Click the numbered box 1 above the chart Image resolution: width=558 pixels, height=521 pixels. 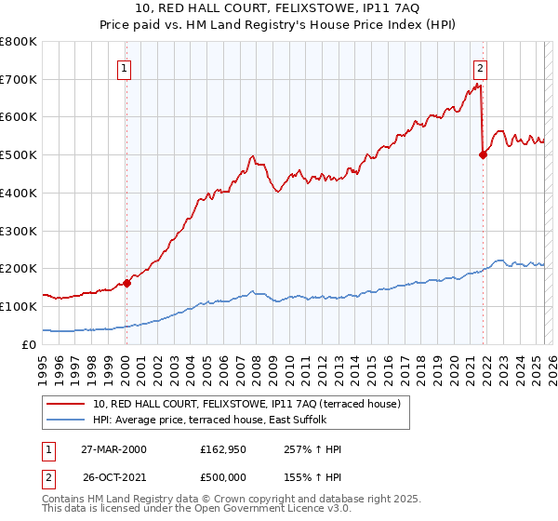124,67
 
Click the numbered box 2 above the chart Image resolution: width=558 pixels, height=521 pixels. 480,67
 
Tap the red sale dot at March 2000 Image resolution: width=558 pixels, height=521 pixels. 127,283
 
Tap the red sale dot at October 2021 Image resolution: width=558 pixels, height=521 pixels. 483,155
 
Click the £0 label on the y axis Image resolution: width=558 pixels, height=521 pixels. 30,344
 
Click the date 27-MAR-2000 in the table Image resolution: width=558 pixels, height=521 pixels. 114,449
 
